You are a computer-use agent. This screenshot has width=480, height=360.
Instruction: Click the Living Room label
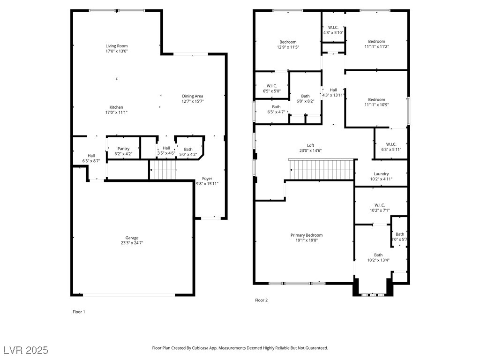coord(117,46)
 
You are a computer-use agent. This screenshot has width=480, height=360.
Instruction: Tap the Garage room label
coord(132,238)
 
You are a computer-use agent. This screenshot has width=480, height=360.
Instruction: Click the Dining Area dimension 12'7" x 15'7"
coord(193,101)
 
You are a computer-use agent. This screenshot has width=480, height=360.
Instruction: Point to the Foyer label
coord(207,179)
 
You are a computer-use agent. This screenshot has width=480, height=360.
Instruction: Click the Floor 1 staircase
coord(163,170)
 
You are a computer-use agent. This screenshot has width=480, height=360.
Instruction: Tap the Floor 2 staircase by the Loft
coord(322,170)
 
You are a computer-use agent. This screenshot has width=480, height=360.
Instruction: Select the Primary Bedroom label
coord(307,235)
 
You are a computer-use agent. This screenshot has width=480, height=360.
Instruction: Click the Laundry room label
coord(381,173)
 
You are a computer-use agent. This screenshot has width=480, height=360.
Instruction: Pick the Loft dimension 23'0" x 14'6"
coord(310,150)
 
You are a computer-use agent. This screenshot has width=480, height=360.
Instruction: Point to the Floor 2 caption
coord(262,300)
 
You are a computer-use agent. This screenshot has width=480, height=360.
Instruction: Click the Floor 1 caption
coord(79,312)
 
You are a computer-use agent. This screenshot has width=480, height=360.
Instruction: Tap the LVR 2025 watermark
coord(26,350)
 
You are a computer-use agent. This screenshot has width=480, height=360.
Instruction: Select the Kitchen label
coord(116,107)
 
